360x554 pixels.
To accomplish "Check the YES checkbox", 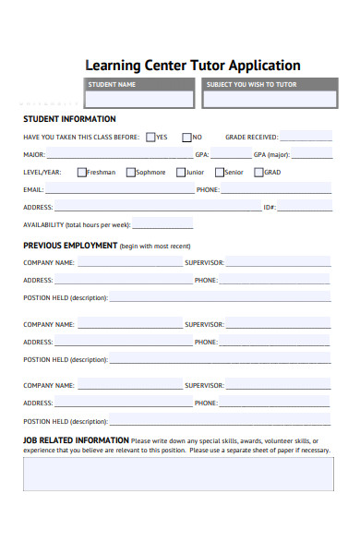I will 150,137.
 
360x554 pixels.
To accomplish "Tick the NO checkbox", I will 186,137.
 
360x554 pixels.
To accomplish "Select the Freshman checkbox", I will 82,172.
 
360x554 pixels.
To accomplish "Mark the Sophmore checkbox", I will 131,172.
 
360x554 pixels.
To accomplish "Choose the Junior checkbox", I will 181,172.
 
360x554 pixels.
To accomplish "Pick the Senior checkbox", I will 220,172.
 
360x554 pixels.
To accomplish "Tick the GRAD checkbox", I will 259,172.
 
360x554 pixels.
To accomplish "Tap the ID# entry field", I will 305,208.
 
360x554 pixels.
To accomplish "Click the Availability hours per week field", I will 163,224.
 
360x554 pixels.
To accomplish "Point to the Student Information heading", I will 69,119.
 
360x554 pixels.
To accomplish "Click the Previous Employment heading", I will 70,246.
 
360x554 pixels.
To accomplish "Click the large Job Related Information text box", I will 176,475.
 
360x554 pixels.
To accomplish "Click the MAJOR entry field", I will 119,155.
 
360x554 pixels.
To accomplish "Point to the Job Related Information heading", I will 76,440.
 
